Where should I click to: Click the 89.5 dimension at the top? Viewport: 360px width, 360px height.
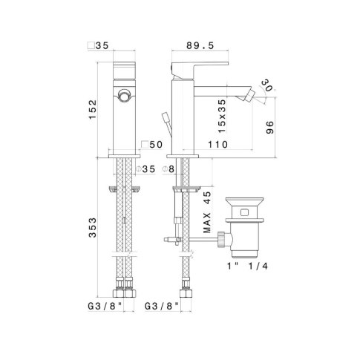click(x=200, y=45)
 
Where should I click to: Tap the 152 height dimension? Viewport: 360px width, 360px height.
click(x=93, y=109)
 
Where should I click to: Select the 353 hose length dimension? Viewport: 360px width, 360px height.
click(x=93, y=228)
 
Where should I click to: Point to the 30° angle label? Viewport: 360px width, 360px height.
click(x=267, y=85)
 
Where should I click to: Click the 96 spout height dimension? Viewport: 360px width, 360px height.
click(x=270, y=128)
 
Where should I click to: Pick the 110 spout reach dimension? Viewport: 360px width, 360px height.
click(x=217, y=145)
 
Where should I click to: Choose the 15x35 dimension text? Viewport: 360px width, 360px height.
click(x=222, y=116)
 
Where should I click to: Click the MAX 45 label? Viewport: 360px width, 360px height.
click(x=207, y=212)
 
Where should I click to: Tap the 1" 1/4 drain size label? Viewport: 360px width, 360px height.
click(x=247, y=266)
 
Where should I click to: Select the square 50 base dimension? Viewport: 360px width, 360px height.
click(x=152, y=145)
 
